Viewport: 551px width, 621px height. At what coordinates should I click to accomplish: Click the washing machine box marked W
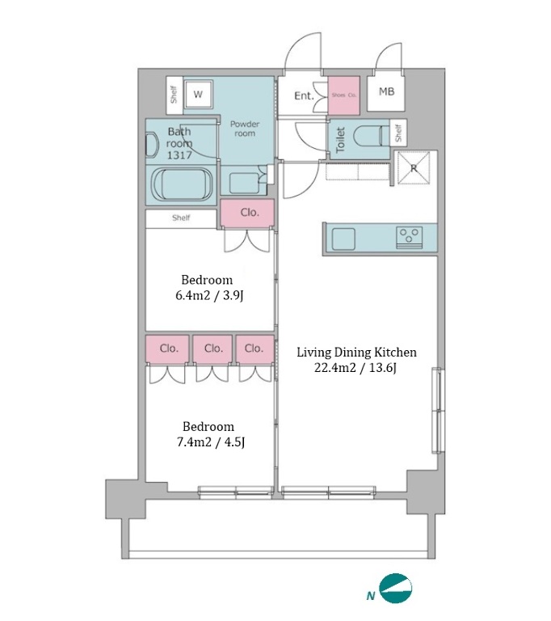[x=198, y=94]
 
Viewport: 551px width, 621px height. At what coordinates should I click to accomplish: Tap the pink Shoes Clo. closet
[x=343, y=95]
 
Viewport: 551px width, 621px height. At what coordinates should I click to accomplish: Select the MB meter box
[x=386, y=93]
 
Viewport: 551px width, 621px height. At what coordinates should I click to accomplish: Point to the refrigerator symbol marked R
[x=414, y=168]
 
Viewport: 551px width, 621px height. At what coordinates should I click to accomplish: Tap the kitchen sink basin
[x=343, y=239]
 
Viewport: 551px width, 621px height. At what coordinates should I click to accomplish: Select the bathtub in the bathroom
[x=183, y=185]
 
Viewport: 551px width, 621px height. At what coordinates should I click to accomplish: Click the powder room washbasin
[x=244, y=183]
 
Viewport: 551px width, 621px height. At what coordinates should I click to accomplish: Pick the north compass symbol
[x=395, y=588]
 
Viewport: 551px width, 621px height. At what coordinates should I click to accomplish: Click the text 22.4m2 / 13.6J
[x=355, y=368]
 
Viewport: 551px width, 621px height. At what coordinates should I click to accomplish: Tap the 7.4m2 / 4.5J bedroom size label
[x=211, y=441]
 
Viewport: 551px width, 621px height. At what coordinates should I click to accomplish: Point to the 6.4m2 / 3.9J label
[x=209, y=295]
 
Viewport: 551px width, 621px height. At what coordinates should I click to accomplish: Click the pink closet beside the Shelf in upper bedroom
[x=247, y=213]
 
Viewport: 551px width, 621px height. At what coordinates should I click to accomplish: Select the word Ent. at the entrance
[x=304, y=95]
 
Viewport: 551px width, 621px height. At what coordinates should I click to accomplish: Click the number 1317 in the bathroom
[x=179, y=155]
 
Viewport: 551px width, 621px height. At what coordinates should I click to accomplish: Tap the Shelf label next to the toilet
[x=398, y=133]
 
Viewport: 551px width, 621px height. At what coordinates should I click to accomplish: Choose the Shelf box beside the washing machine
[x=175, y=95]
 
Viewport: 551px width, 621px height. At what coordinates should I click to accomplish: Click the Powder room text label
[x=245, y=129]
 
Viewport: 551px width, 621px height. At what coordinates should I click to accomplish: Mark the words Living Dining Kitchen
[x=356, y=352]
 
